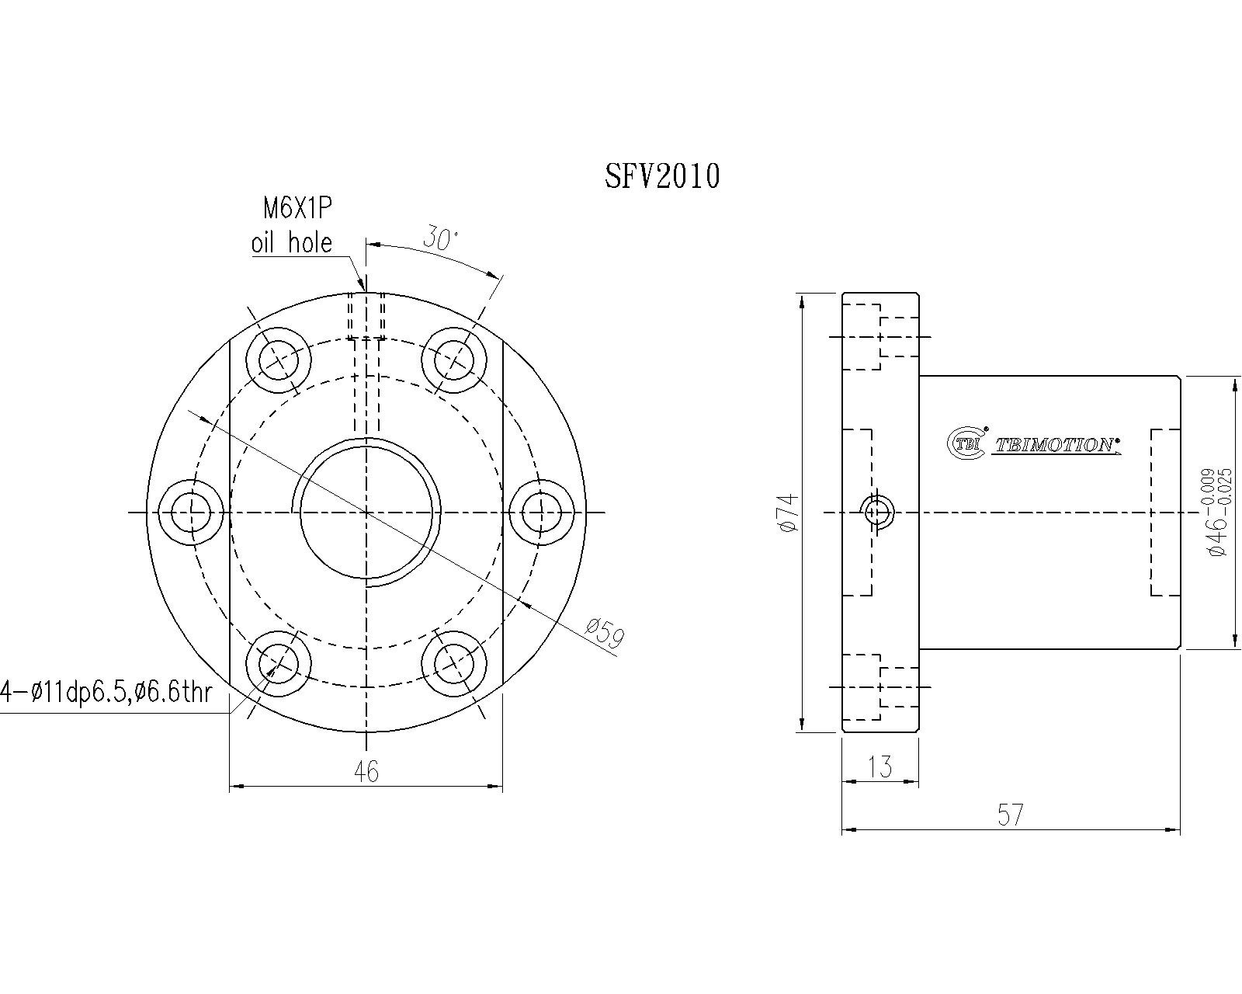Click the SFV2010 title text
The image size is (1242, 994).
[x=663, y=176]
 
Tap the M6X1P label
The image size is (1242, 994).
[x=298, y=208]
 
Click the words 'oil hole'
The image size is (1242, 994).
[x=291, y=242]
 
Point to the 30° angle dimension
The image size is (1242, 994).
[x=440, y=238]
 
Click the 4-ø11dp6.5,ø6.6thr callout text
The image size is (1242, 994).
[x=106, y=691]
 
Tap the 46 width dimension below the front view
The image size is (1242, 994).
[x=366, y=771]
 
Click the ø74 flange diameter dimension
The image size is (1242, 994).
[x=789, y=512]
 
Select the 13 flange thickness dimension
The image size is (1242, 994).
[x=880, y=766]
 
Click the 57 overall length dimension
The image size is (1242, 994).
[x=1010, y=815]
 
